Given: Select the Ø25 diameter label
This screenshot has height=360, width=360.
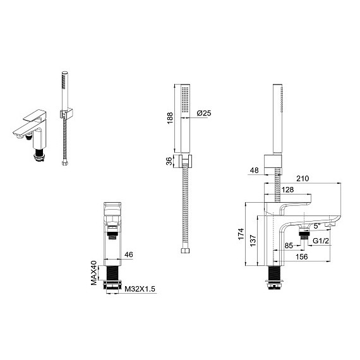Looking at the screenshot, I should pyautogui.click(x=204, y=113).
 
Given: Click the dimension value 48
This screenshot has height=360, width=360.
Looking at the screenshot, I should pyautogui.click(x=254, y=171).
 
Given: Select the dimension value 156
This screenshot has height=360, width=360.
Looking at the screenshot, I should pyautogui.click(x=303, y=256).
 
